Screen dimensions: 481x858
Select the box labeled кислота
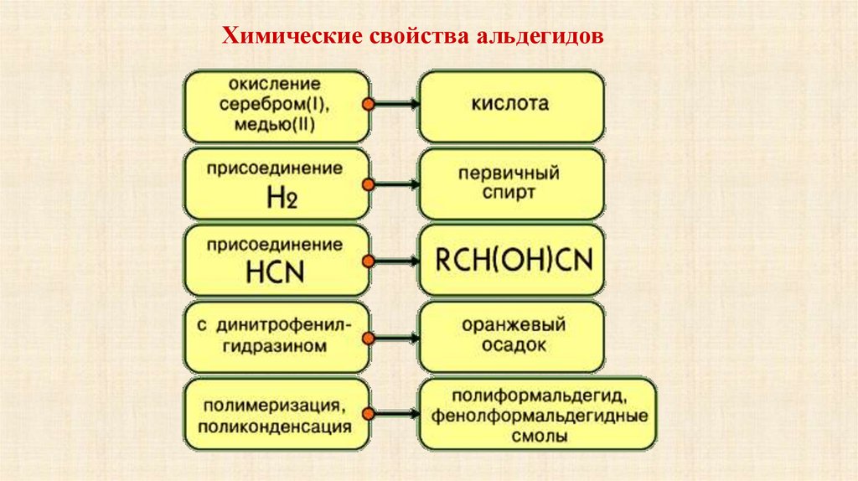pos(510,106)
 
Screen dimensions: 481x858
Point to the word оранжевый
pos(511,323)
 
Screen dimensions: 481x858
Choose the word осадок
pos(510,344)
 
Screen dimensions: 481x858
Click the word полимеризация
pos(277,406)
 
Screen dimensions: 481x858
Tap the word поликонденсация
pos(277,427)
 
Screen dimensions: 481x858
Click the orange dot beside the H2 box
pos(367,184)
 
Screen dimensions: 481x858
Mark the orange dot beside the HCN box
pos(367,261)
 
